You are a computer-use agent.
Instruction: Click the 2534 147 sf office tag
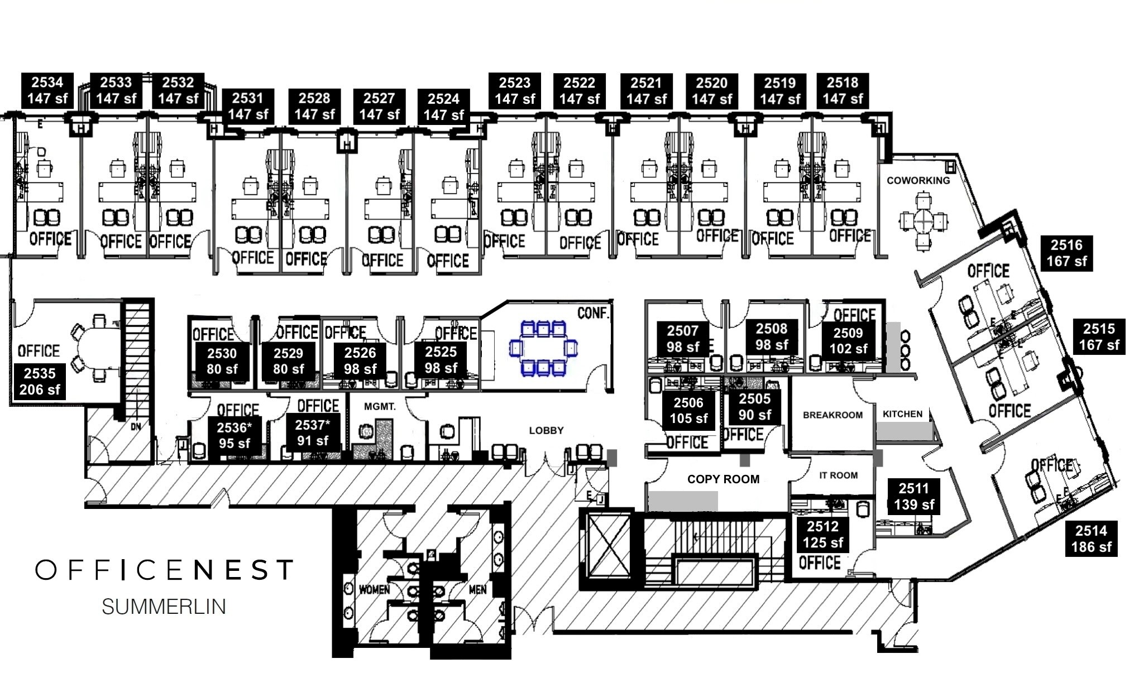coord(47,90)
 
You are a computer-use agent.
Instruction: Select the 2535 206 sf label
coord(40,381)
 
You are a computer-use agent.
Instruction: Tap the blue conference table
coord(543,348)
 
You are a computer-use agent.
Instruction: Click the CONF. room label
coord(593,313)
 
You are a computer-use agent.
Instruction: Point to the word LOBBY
coord(546,430)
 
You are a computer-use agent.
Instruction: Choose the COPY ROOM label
coord(723,479)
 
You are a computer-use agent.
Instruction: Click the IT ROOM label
coord(838,475)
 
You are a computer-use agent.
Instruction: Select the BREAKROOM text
coord(833,415)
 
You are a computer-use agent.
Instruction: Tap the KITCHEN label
coord(902,414)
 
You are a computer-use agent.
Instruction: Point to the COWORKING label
coord(918,180)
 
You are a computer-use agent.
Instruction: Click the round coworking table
coord(924,222)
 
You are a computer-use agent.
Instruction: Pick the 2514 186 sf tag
coord(1091,539)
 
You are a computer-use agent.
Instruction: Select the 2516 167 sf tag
coord(1066,253)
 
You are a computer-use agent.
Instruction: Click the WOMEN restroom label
coord(374,589)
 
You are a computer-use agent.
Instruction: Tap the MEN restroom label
coord(477,589)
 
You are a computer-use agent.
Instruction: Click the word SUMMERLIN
coord(164,607)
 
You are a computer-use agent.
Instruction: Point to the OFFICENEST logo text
coord(164,570)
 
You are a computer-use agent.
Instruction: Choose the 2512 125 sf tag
coord(822,534)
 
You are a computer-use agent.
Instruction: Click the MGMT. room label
coord(380,406)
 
